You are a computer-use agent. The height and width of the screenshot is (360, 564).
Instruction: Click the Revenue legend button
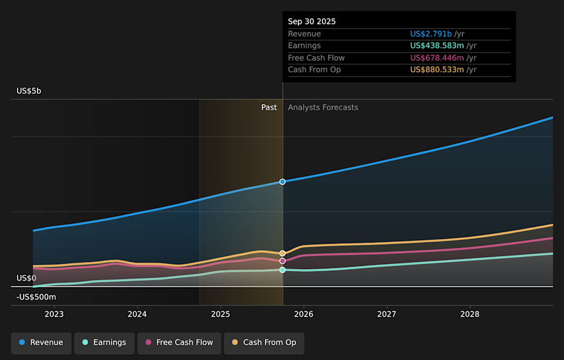click(41, 342)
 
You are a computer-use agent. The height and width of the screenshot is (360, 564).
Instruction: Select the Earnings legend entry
click(103, 342)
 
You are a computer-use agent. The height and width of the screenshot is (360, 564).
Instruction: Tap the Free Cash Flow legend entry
click(179, 342)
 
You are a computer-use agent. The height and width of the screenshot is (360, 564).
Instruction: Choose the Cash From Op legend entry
click(264, 342)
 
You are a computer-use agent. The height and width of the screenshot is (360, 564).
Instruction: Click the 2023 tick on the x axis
click(54, 314)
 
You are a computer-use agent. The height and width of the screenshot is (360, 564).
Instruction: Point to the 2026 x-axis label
click(304, 314)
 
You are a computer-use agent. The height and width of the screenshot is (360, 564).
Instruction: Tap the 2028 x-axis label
click(470, 314)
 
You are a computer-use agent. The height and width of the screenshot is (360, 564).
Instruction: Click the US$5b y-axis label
click(29, 91)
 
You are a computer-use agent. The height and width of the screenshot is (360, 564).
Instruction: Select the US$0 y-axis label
click(26, 278)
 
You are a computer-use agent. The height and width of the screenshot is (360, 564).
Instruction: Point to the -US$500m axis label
click(36, 297)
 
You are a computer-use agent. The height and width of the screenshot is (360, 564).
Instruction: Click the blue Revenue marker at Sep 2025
click(283, 181)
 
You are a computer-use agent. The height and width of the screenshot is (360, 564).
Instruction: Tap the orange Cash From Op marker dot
click(283, 253)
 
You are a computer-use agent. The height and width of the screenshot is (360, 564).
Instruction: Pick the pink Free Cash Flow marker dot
click(283, 261)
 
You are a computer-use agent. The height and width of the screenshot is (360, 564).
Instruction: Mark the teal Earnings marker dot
click(283, 270)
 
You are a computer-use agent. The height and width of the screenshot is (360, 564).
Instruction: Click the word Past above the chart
click(269, 107)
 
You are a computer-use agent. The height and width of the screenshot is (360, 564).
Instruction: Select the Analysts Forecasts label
click(323, 107)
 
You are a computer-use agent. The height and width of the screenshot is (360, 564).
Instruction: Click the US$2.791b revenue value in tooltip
click(431, 34)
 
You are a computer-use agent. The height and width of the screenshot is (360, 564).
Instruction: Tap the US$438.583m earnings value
click(437, 46)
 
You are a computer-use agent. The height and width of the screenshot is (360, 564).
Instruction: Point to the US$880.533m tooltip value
click(437, 70)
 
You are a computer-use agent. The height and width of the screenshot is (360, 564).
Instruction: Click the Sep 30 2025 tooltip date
click(311, 22)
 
